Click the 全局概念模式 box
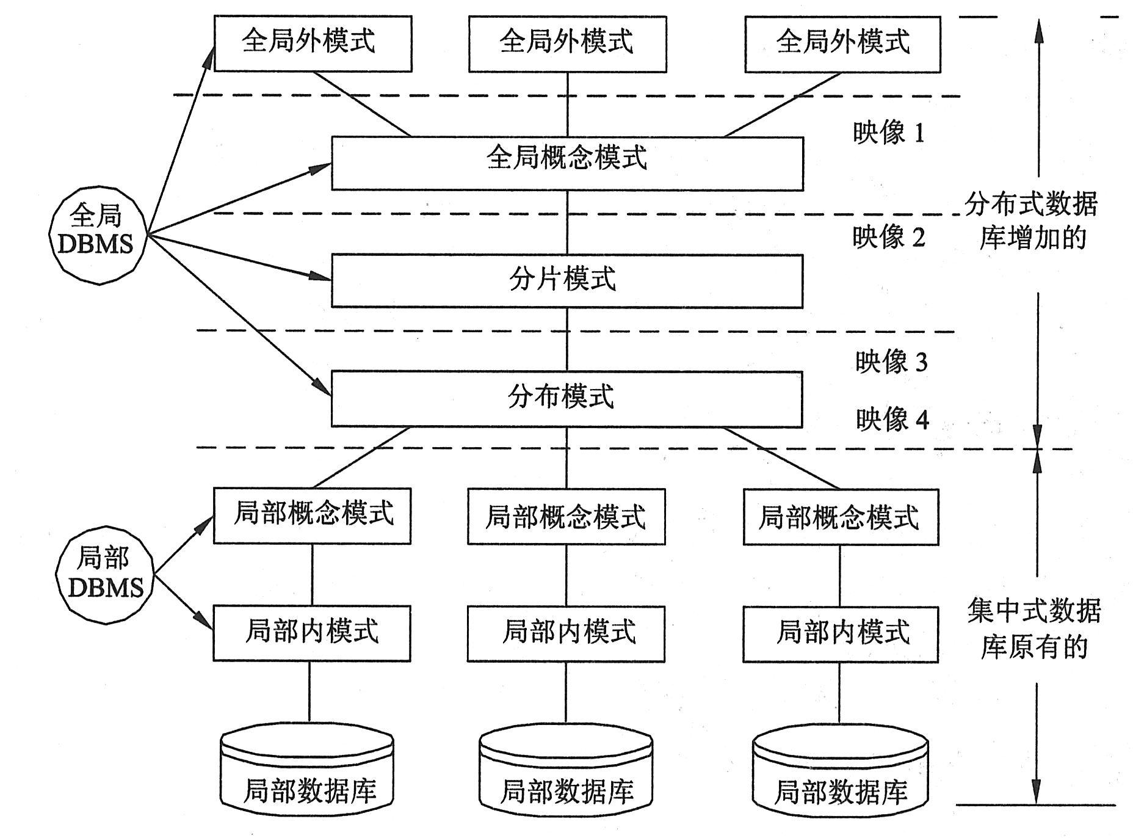coord(566,163)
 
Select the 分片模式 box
coord(566,281)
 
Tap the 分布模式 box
coord(566,399)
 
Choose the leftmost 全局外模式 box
coord(313,43)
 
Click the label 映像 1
coord(889,133)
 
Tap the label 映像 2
coord(889,237)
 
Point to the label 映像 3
coord(891,362)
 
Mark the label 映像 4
coord(892,420)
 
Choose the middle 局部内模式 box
coord(566,633)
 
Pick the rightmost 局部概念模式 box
coord(841,517)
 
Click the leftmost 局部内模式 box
coord(311,633)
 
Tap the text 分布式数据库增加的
coord(1032,220)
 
